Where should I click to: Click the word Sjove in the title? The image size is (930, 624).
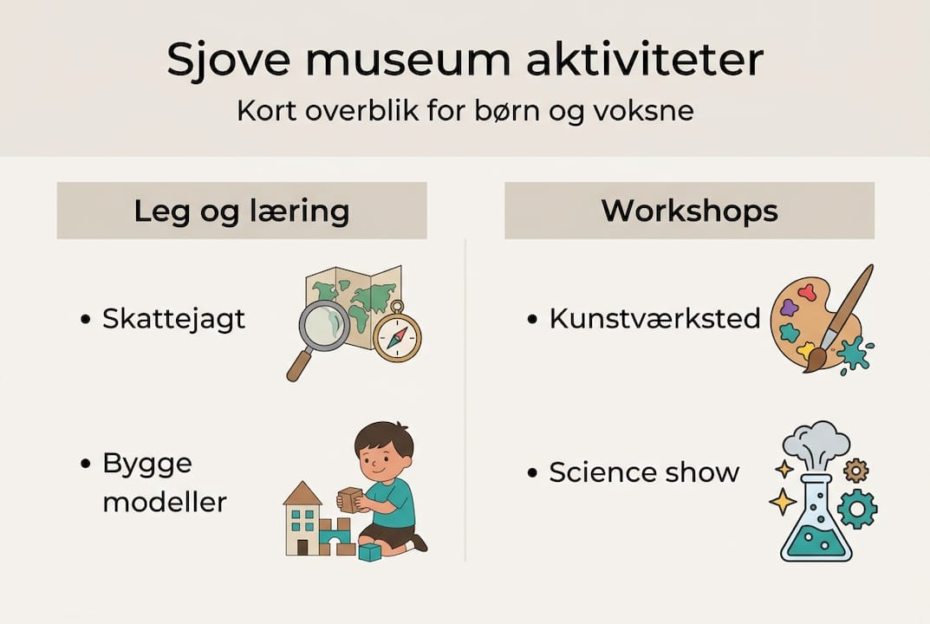click(228, 62)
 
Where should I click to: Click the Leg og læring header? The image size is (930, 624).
click(241, 211)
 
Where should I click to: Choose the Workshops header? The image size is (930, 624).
click(689, 211)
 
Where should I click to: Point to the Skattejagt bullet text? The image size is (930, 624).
click(173, 319)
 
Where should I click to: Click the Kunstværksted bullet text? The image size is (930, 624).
click(654, 319)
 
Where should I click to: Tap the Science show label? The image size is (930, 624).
click(644, 472)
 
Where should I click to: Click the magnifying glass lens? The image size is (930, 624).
click(324, 327)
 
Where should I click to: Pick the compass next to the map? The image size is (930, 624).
click(397, 336)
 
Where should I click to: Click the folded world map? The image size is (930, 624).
click(355, 295)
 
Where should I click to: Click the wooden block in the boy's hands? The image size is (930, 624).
click(350, 499)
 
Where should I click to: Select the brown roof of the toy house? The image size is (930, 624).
click(302, 494)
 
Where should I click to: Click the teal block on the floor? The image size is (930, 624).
click(370, 552)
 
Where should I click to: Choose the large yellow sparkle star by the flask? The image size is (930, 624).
click(783, 501)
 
